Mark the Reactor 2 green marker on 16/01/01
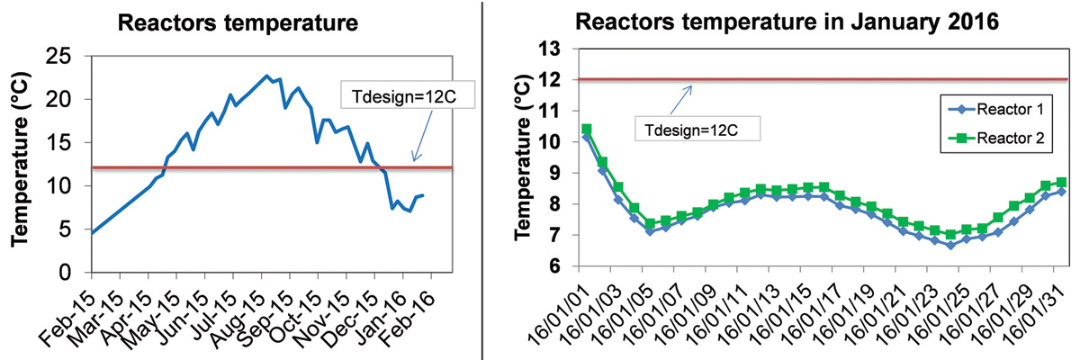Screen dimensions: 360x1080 (587, 130)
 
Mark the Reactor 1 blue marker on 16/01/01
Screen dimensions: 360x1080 (587, 138)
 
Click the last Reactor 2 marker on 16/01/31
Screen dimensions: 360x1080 (1061, 182)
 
